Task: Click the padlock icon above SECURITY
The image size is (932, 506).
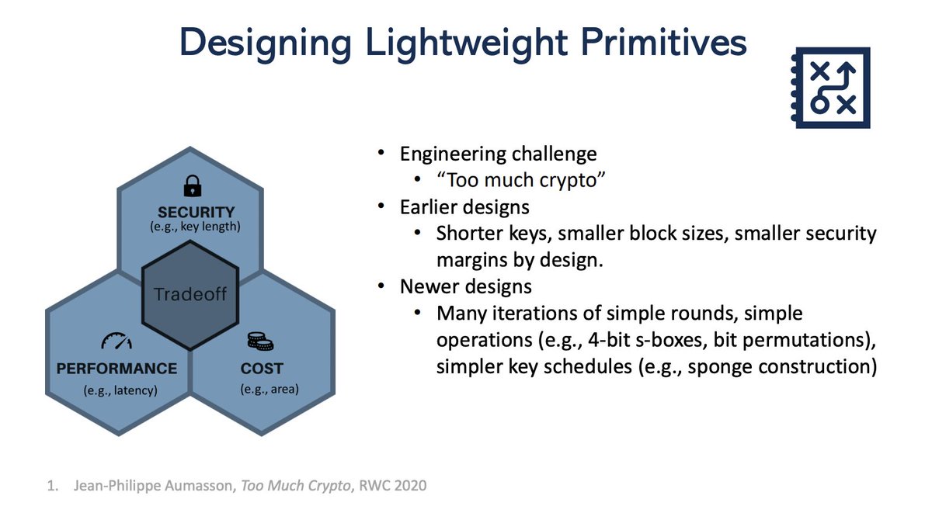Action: [191, 185]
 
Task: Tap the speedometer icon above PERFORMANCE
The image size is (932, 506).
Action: [116, 341]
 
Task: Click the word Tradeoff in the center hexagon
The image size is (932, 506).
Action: [191, 295]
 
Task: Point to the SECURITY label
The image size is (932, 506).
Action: [196, 212]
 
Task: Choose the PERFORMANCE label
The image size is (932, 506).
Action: [116, 368]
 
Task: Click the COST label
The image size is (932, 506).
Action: [262, 368]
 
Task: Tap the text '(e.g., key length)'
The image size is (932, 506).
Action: [196, 227]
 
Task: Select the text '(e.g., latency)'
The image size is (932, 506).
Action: [120, 390]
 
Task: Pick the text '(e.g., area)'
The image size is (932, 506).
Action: [269, 389]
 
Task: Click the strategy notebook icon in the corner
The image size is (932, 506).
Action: [829, 88]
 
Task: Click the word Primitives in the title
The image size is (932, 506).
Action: [655, 43]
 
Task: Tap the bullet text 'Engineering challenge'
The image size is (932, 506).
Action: [498, 154]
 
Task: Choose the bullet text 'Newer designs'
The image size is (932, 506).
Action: [466, 286]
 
